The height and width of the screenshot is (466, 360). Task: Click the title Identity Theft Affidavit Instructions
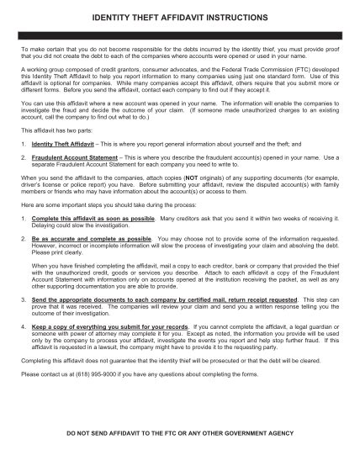click(180, 17)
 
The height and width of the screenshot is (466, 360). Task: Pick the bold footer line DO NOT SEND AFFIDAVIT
click(180, 446)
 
